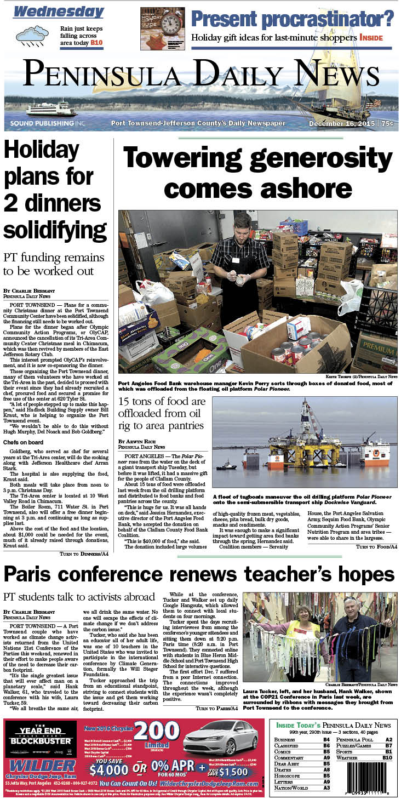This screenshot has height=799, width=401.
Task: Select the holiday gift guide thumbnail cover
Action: click(x=158, y=28)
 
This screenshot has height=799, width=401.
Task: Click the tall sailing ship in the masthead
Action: click(x=345, y=71)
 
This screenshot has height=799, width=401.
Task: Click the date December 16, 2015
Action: click(x=342, y=124)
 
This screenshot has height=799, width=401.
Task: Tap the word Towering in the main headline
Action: click(x=194, y=159)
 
